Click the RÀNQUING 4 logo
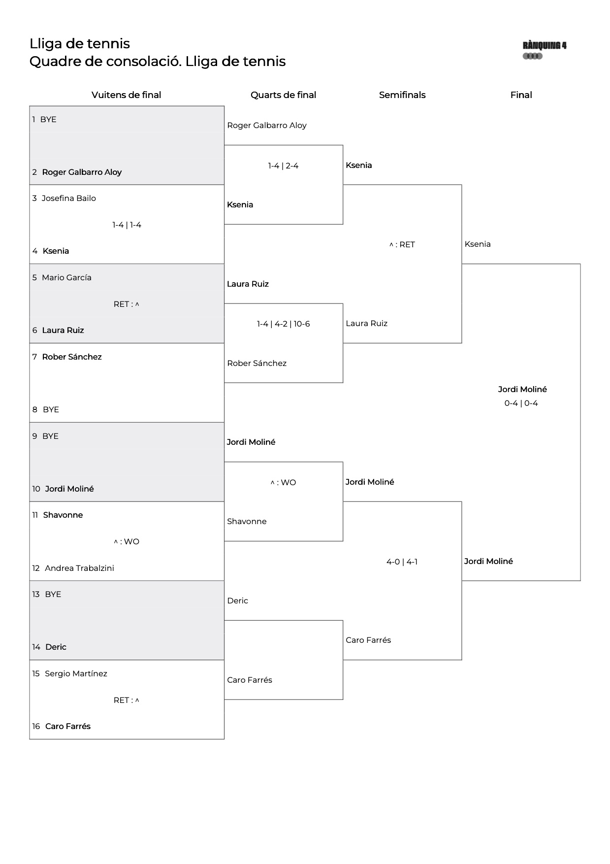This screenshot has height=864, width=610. (x=545, y=50)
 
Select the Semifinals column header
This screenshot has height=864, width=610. (x=402, y=95)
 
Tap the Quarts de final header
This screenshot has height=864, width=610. (x=283, y=95)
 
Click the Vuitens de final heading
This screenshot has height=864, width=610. (x=127, y=95)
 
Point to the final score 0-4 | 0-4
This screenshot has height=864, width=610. (x=521, y=403)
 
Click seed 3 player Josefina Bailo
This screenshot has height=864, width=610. (x=69, y=199)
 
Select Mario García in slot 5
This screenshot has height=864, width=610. (x=66, y=278)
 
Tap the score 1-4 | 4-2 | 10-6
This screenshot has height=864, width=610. (x=283, y=324)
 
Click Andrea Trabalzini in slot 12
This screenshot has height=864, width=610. (x=79, y=568)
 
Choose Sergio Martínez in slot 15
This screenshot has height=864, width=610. (x=76, y=674)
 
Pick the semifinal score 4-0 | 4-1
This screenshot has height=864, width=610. (x=402, y=562)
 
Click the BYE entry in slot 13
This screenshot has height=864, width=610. (x=53, y=595)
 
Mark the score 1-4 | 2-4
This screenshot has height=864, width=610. (x=283, y=166)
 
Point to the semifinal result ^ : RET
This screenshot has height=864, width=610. (x=402, y=245)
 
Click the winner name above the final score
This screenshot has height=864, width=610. (x=522, y=390)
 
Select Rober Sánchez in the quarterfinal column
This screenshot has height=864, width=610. (x=257, y=364)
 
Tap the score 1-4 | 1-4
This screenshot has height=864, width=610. (x=127, y=225)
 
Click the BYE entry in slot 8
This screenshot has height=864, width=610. (x=51, y=410)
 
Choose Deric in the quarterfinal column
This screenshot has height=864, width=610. (x=237, y=601)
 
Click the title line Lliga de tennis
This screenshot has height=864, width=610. (x=80, y=44)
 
